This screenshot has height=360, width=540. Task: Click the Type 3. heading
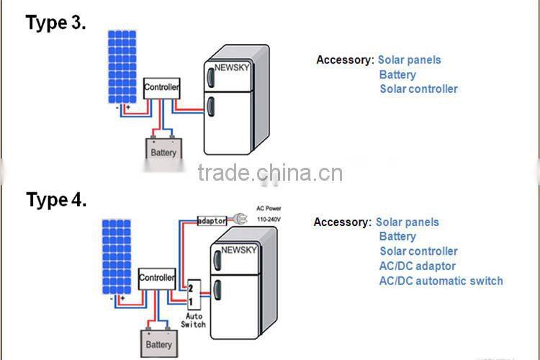point(56,22)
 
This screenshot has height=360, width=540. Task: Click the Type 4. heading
point(57,199)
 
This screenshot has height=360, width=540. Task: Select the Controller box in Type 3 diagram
point(162,88)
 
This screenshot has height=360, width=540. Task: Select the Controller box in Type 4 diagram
point(157,278)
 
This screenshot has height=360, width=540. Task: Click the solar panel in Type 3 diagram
point(122,66)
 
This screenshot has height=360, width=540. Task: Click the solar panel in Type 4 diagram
point(117,256)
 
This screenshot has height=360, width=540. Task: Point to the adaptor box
point(212,220)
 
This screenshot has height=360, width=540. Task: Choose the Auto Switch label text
point(194,320)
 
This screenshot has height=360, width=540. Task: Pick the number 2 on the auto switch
point(192,287)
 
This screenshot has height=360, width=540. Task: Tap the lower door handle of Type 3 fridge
point(210,108)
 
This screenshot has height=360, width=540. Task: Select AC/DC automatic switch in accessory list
point(441,281)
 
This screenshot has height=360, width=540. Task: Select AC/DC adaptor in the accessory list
point(418,266)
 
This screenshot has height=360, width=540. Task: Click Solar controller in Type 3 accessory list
point(418,89)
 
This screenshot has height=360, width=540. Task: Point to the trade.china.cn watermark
point(270,174)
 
